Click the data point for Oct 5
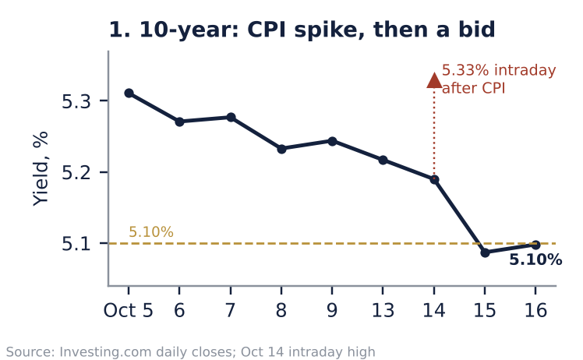tap(129, 93)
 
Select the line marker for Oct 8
tap(281, 149)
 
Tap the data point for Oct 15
tap(485, 252)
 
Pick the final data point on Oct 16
tap(535, 245)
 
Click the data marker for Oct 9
tap(332, 141)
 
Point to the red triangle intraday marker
tap(434, 81)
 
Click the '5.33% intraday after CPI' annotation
tap(499, 79)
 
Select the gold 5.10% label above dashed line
tap(151, 232)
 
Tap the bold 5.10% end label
tap(535, 259)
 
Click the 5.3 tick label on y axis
tap(76, 101)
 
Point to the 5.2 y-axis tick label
tap(76, 172)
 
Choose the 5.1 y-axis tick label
tap(76, 244)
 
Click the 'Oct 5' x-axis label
tap(129, 310)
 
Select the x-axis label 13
tap(383, 310)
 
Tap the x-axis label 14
tap(434, 310)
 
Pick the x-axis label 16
tap(535, 310)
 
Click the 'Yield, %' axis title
tap(41, 168)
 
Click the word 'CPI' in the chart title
tap(267, 30)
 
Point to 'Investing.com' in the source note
tap(105, 352)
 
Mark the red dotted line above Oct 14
tap(434, 132)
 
